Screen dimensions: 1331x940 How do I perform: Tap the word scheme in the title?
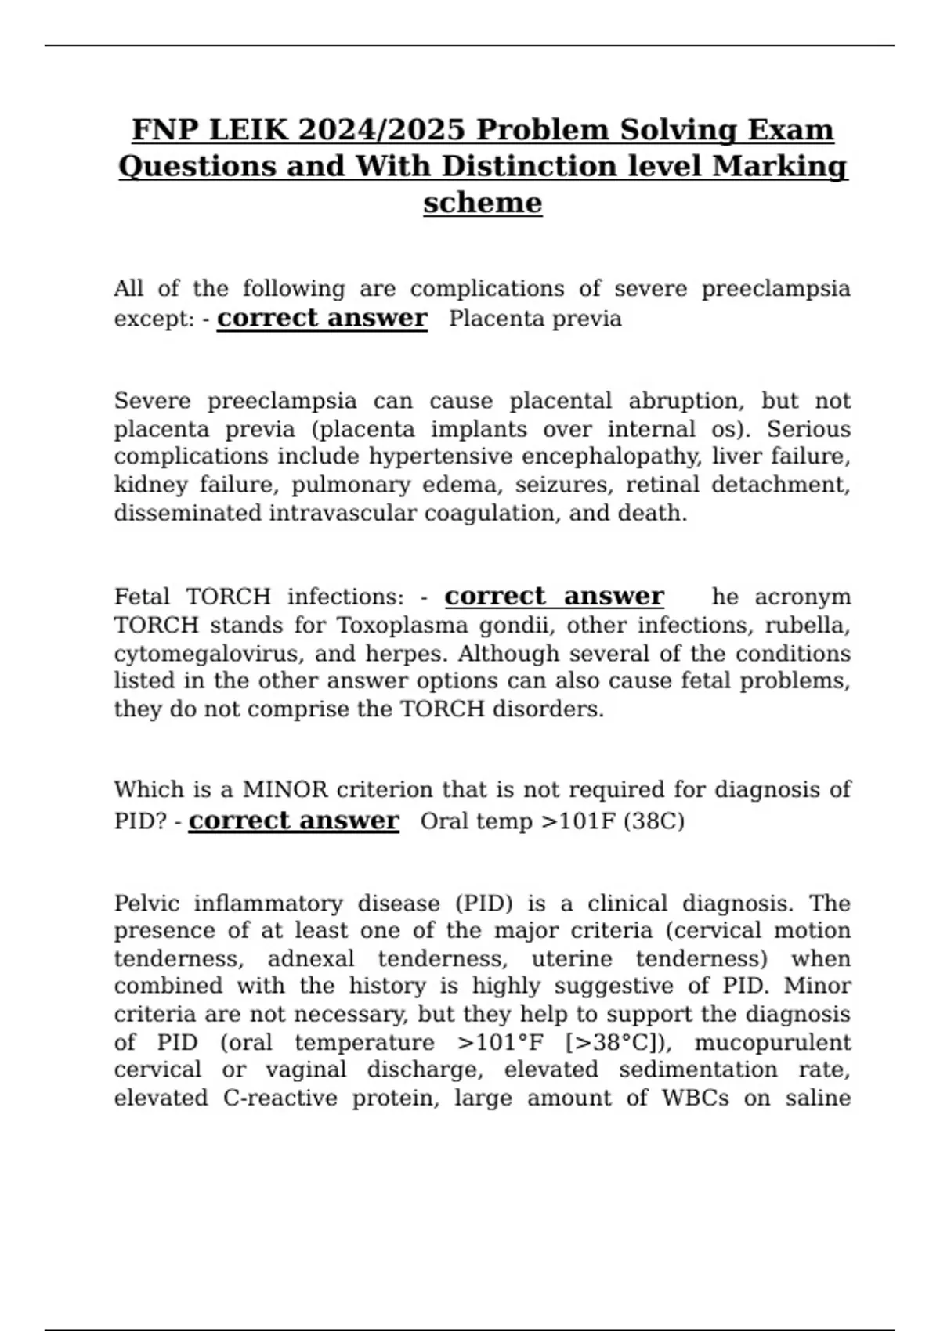pyautogui.click(x=483, y=204)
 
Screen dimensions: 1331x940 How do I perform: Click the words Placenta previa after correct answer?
pyautogui.click(x=535, y=319)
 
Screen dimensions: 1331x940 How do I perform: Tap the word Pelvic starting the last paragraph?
pyautogui.click(x=146, y=904)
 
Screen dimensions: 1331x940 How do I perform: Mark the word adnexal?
pyautogui.click(x=312, y=959)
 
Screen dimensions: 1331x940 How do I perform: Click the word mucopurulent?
pyautogui.click(x=772, y=1043)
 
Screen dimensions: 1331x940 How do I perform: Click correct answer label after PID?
pyautogui.click(x=294, y=821)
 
